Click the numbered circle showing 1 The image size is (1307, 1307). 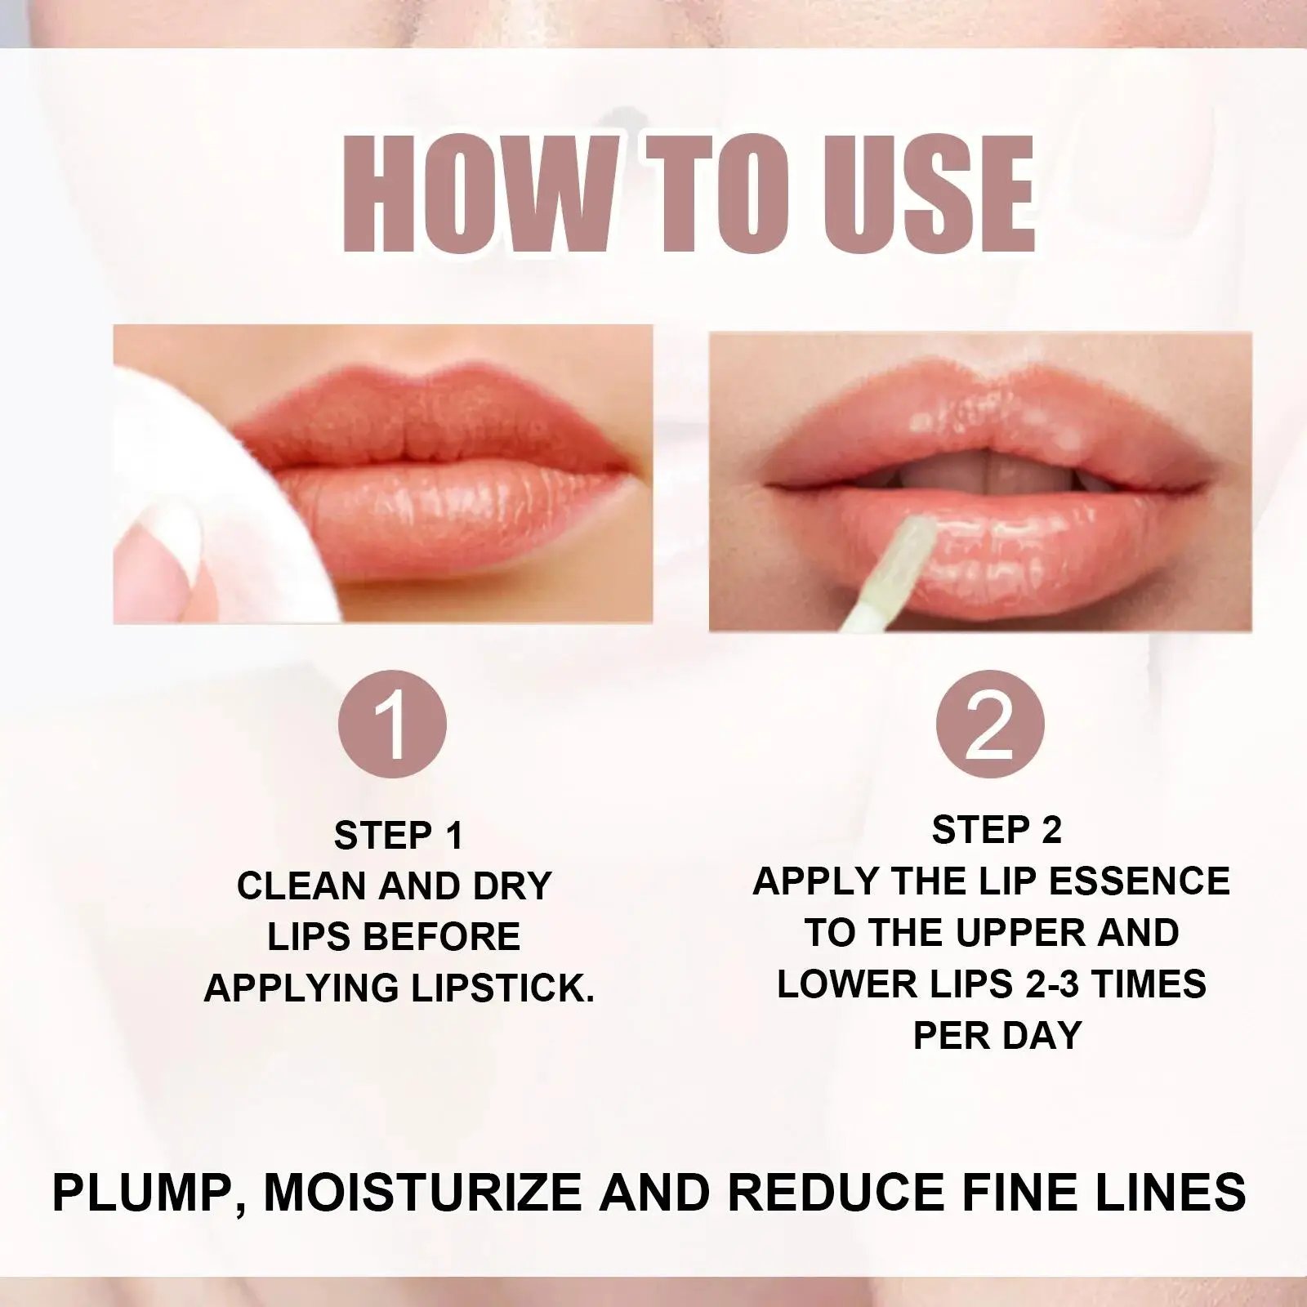click(x=393, y=724)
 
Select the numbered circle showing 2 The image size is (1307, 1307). click(x=990, y=724)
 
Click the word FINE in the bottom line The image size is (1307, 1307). click(x=1029, y=1193)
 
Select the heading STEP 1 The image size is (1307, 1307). click(x=399, y=836)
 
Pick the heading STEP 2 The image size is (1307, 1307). click(x=997, y=830)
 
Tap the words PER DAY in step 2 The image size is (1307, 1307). click(x=997, y=1035)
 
